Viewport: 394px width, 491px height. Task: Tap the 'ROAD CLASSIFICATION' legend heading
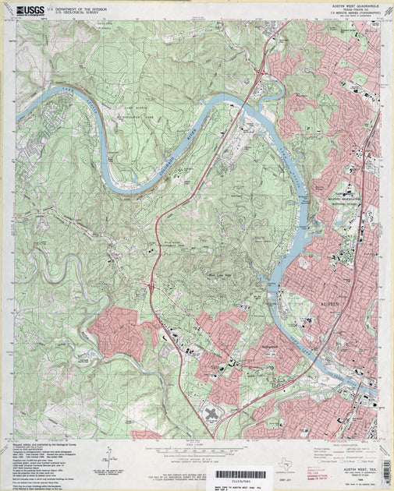343,443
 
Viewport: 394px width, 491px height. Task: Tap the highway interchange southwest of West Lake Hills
151,286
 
